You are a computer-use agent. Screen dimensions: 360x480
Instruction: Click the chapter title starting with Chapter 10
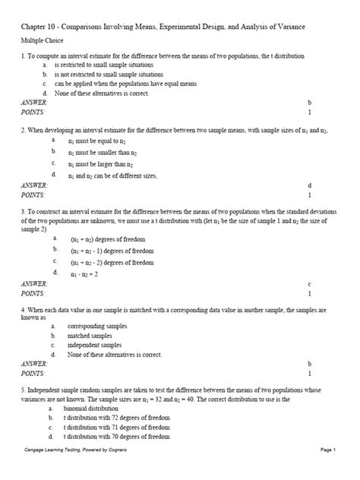pos(163,27)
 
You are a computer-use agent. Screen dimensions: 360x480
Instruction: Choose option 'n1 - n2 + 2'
pos(84,273)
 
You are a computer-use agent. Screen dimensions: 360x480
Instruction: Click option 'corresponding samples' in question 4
pos(97,326)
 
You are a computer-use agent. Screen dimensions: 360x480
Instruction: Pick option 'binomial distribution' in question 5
pos(96,409)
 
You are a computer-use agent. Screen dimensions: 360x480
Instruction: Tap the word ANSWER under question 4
pos(33,365)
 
